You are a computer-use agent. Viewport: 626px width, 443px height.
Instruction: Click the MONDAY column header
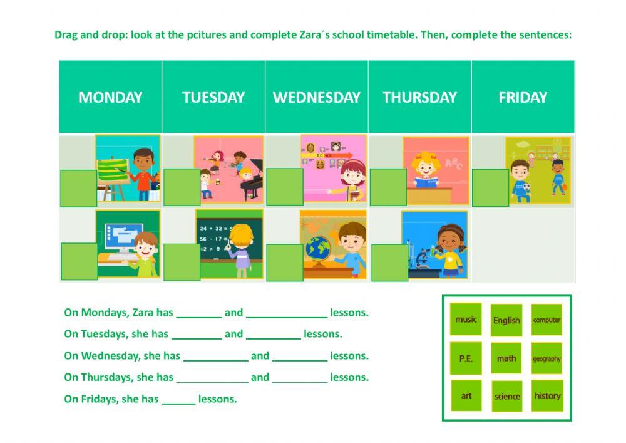tap(110, 97)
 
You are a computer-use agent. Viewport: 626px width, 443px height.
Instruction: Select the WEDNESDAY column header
tap(316, 97)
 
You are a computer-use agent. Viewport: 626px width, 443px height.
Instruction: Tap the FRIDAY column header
tap(523, 97)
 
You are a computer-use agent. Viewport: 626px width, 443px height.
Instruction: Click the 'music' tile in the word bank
tap(466, 320)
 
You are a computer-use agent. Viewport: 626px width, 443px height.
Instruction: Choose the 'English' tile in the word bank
tap(506, 320)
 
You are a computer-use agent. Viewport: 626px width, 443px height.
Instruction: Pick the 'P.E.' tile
tap(466, 358)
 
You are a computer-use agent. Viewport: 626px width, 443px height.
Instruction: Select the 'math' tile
tap(506, 358)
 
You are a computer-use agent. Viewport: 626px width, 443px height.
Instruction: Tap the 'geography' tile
tap(546, 358)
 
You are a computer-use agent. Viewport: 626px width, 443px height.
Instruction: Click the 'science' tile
tap(506, 396)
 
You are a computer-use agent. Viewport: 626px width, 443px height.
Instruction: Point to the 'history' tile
tap(547, 395)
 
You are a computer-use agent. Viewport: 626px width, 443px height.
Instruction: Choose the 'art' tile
tap(466, 396)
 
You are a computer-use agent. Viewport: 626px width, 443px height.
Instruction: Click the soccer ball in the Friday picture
tap(526, 187)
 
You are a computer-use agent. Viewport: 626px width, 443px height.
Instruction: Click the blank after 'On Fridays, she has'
tap(178, 399)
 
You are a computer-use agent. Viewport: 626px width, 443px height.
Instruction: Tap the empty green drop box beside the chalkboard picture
tap(182, 261)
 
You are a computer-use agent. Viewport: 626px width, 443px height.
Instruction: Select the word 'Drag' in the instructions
tap(66, 34)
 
